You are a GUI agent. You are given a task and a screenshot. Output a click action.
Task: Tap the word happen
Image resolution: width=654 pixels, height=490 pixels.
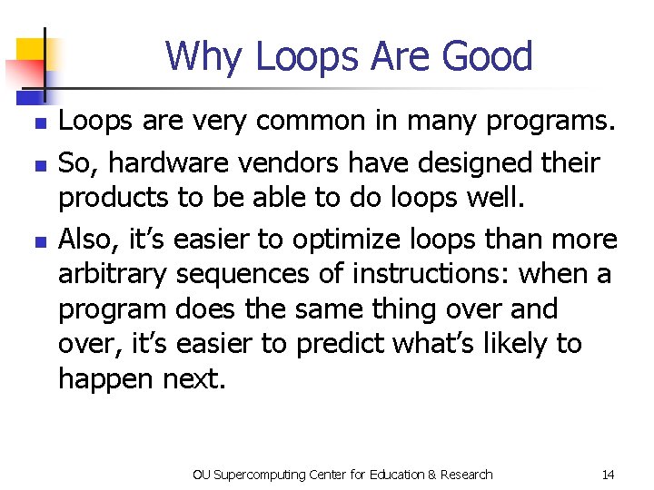(x=105, y=379)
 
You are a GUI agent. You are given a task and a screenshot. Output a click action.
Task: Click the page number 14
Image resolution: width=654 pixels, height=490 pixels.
(x=608, y=475)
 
